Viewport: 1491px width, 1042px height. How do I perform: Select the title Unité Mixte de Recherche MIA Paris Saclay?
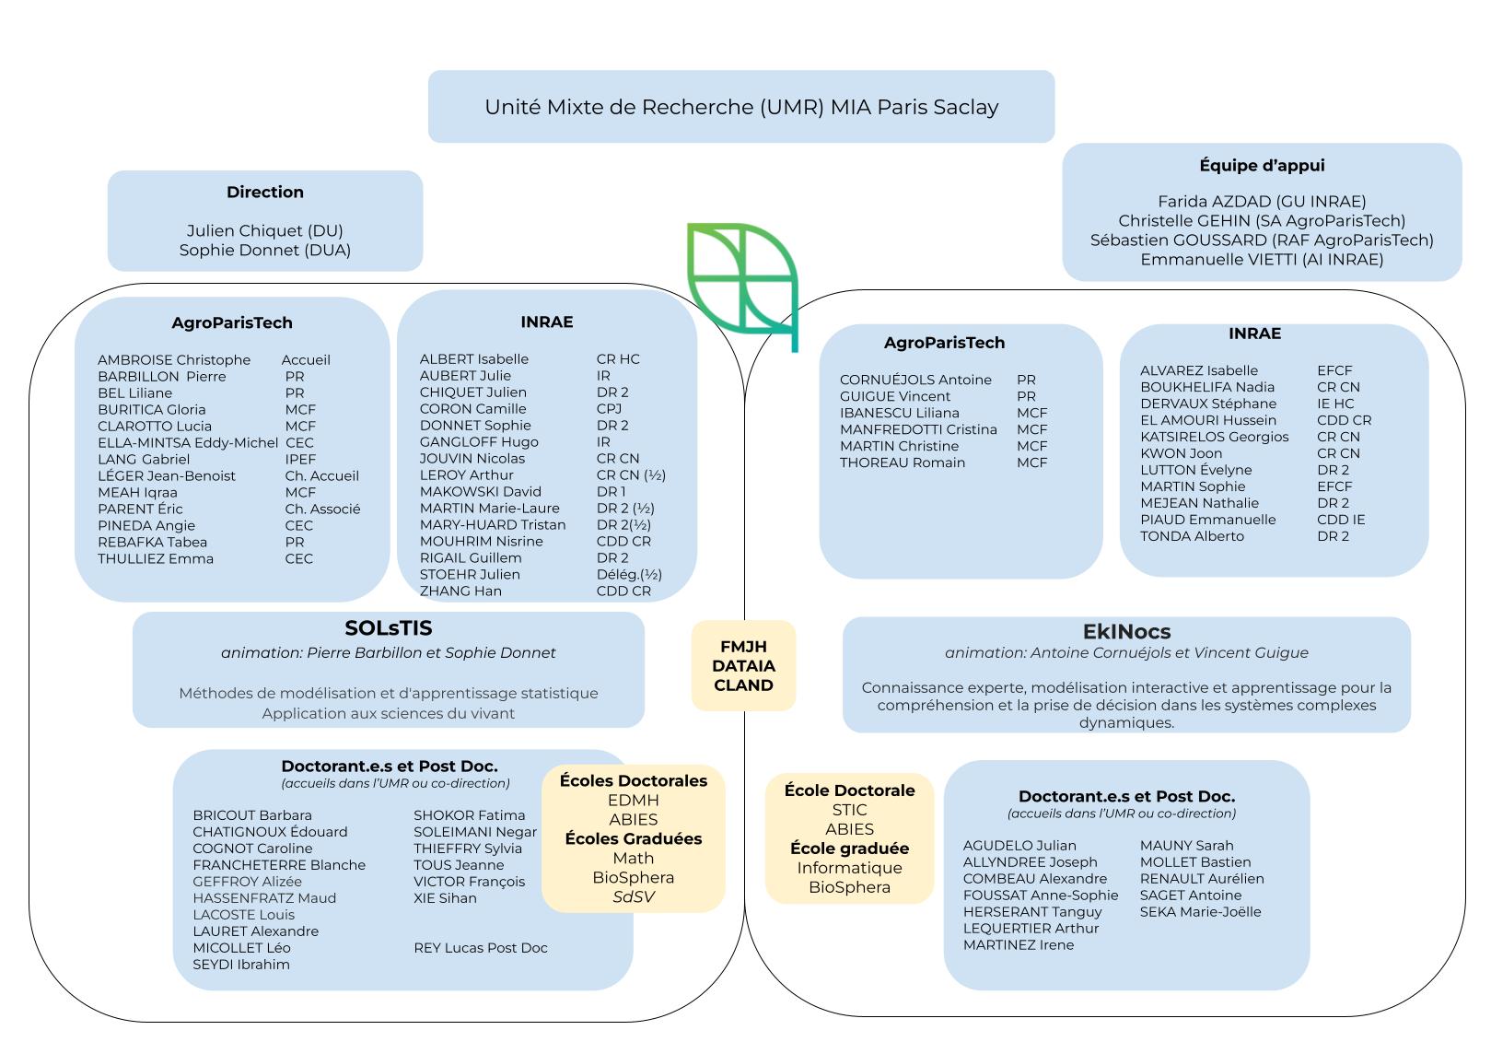(741, 107)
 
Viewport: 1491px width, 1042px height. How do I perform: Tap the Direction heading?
(265, 192)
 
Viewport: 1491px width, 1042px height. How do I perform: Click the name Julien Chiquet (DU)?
(265, 230)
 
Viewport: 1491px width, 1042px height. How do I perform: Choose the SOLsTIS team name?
(388, 627)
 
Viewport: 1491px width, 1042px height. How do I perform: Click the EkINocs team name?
(1126, 631)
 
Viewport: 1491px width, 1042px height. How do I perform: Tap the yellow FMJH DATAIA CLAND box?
(743, 666)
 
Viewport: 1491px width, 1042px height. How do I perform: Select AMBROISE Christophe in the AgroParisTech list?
(174, 359)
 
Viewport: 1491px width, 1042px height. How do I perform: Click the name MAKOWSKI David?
(480, 491)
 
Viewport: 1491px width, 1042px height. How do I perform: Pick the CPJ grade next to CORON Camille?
(609, 409)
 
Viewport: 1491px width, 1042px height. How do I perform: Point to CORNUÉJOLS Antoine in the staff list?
(915, 380)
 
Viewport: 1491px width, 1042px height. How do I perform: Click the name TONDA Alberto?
(1192, 536)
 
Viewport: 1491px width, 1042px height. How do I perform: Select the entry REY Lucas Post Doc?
(480, 947)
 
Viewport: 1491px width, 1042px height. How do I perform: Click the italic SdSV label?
(633, 896)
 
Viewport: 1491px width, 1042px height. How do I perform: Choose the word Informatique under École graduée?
(849, 868)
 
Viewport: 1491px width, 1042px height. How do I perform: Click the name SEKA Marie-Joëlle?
(1200, 911)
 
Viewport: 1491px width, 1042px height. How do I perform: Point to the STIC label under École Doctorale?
(849, 810)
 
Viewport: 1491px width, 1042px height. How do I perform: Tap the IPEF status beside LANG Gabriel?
(300, 460)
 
